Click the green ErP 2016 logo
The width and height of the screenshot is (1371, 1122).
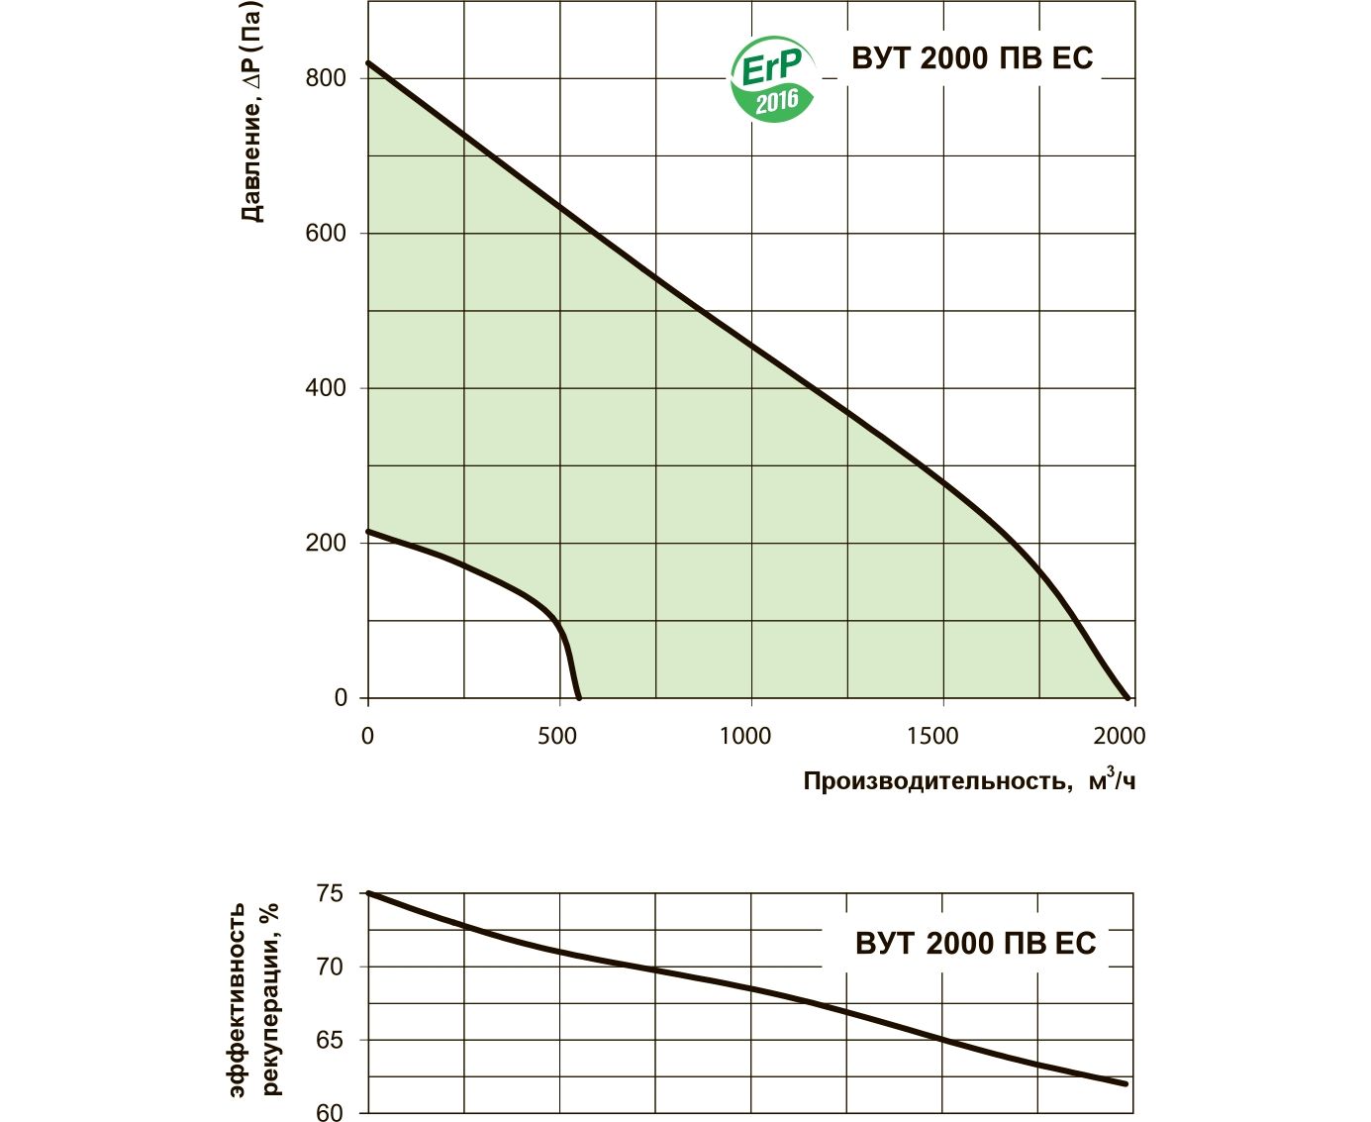point(773,79)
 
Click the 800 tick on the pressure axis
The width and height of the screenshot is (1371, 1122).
point(326,78)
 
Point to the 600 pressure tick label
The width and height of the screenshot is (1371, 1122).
point(326,234)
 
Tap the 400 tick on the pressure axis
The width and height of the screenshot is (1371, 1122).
point(326,388)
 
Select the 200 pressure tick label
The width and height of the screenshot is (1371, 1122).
point(326,543)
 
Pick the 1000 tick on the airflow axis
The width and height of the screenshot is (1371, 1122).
point(745,736)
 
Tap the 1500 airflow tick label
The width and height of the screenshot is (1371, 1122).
point(932,736)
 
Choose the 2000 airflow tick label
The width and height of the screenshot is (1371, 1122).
point(1120,736)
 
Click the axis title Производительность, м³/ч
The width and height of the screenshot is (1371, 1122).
point(969,781)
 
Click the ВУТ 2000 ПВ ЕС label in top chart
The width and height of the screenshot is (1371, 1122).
point(972,58)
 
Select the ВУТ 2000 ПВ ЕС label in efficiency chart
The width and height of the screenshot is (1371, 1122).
point(975,944)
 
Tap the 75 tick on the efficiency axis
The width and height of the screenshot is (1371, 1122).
point(330,894)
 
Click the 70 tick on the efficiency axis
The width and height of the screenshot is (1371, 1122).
point(330,968)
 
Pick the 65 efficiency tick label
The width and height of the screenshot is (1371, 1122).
point(330,1041)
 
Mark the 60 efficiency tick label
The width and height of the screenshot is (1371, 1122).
point(330,1113)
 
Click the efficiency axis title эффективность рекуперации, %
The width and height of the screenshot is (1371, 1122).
point(254,1000)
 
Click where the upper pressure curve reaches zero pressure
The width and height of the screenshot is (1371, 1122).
point(1127,698)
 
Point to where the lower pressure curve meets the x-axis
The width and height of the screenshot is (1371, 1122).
point(579,698)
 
